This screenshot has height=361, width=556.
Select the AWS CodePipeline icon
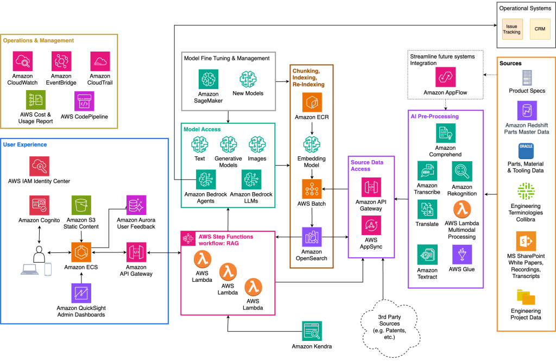pyautogui.click(x=84, y=102)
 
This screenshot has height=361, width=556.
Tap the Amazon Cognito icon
pyautogui.click(x=40, y=205)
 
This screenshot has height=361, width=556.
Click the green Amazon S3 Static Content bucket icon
pyautogui.click(x=81, y=205)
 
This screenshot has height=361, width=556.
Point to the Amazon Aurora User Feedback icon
pyautogui.click(x=136, y=205)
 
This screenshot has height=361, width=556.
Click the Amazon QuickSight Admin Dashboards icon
pyautogui.click(x=81, y=293)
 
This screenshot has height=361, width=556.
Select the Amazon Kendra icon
pyautogui.click(x=312, y=331)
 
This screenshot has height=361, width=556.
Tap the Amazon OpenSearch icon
pyautogui.click(x=312, y=237)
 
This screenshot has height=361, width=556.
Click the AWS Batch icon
pyautogui.click(x=312, y=189)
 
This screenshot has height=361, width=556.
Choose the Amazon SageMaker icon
pyautogui.click(x=209, y=79)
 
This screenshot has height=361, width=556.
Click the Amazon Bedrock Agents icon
pyautogui.click(x=206, y=179)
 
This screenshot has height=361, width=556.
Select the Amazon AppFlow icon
pyautogui.click(x=445, y=77)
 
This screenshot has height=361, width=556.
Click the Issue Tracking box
pyautogui.click(x=511, y=29)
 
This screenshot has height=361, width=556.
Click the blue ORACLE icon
pyautogui.click(x=526, y=150)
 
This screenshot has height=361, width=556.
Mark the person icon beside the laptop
pyautogui.click(x=39, y=253)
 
